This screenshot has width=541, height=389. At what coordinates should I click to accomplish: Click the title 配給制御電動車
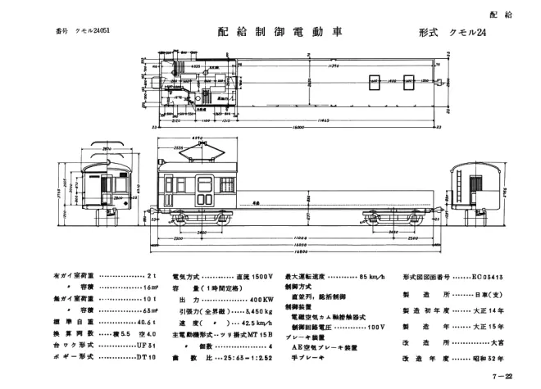coord(279,33)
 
